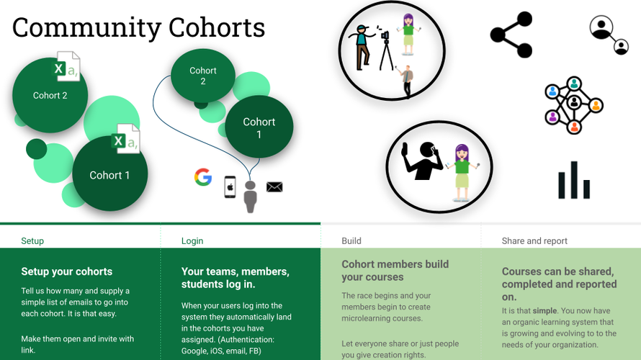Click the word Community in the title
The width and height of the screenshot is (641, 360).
pos(86,29)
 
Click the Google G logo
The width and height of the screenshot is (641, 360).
pos(203,177)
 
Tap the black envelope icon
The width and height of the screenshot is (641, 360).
pos(274,186)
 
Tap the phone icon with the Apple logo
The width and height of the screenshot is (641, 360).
pos(230,187)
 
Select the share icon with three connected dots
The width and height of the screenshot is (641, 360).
pos(511,35)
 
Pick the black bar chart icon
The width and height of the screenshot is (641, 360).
pos(574,180)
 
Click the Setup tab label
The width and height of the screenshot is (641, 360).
pos(32,241)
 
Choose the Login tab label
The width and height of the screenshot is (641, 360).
pos(192,241)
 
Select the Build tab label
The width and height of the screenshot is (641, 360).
pos(351,241)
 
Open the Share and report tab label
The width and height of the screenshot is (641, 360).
pos(534,241)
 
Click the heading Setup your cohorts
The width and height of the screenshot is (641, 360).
pos(67,271)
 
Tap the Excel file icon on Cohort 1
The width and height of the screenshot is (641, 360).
pos(126,138)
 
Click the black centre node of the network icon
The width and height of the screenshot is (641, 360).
pos(574,102)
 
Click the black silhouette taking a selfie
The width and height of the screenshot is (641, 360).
pos(423,161)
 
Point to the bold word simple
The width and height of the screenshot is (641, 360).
pos(544,310)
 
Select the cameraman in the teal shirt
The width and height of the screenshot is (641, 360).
pos(362,47)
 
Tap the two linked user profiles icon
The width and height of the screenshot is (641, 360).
pos(609,35)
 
